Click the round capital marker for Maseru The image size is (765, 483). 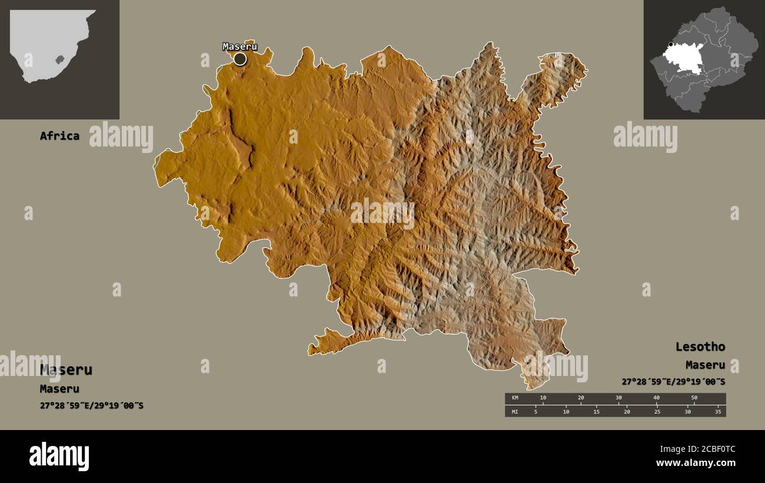pos(240,59)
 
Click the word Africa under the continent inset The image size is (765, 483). pos(59,136)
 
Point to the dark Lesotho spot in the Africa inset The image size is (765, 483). pos(59,59)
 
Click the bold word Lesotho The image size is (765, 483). pos(700,347)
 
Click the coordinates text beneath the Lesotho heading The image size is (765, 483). pos(673,382)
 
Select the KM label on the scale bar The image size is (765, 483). pos(515,398)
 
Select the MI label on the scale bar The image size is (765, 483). pos(515,412)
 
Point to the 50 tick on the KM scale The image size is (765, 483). pos(694,398)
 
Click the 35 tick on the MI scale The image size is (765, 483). pos(718,412)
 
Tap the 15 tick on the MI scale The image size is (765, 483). pos(596,412)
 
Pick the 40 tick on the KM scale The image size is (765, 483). pos(657,398)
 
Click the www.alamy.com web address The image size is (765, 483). pos(696,463)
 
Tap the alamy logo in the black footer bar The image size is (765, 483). pos(59,457)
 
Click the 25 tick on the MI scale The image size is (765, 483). pos(657,412)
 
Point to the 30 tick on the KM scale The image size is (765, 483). pos(618,398)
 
